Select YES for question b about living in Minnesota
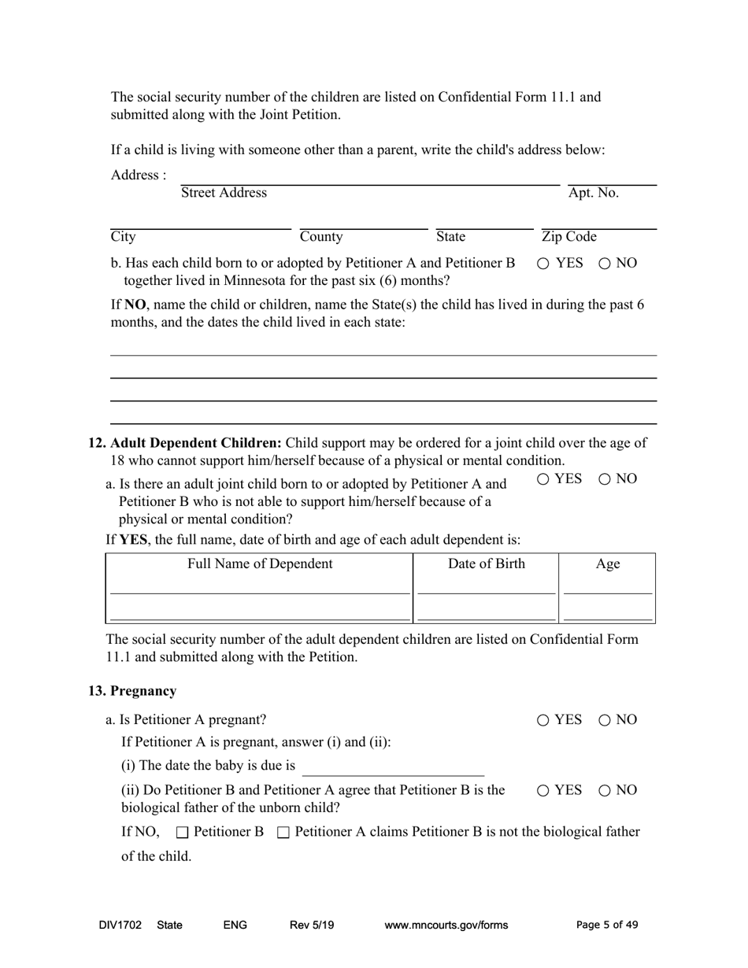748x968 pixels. click(543, 264)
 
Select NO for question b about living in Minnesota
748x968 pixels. click(605, 264)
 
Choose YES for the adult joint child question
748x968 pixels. click(543, 479)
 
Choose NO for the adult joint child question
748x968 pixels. click(605, 479)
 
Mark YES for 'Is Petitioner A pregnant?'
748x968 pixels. click(543, 720)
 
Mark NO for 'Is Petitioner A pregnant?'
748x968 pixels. click(605, 720)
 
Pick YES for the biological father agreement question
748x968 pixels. click(543, 790)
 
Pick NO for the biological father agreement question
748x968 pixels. click(605, 790)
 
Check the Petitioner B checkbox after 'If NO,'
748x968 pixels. click(183, 833)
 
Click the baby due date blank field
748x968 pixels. click(393, 767)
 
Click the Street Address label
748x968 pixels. click(224, 193)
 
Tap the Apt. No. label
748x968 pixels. click(594, 193)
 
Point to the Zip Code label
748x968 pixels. click(569, 237)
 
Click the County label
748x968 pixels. click(321, 237)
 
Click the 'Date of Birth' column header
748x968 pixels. click(486, 564)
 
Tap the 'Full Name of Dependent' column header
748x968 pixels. click(259, 564)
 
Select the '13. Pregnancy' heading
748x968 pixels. click(132, 691)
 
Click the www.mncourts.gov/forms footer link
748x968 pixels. click(446, 926)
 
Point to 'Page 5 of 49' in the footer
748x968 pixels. click(607, 926)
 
